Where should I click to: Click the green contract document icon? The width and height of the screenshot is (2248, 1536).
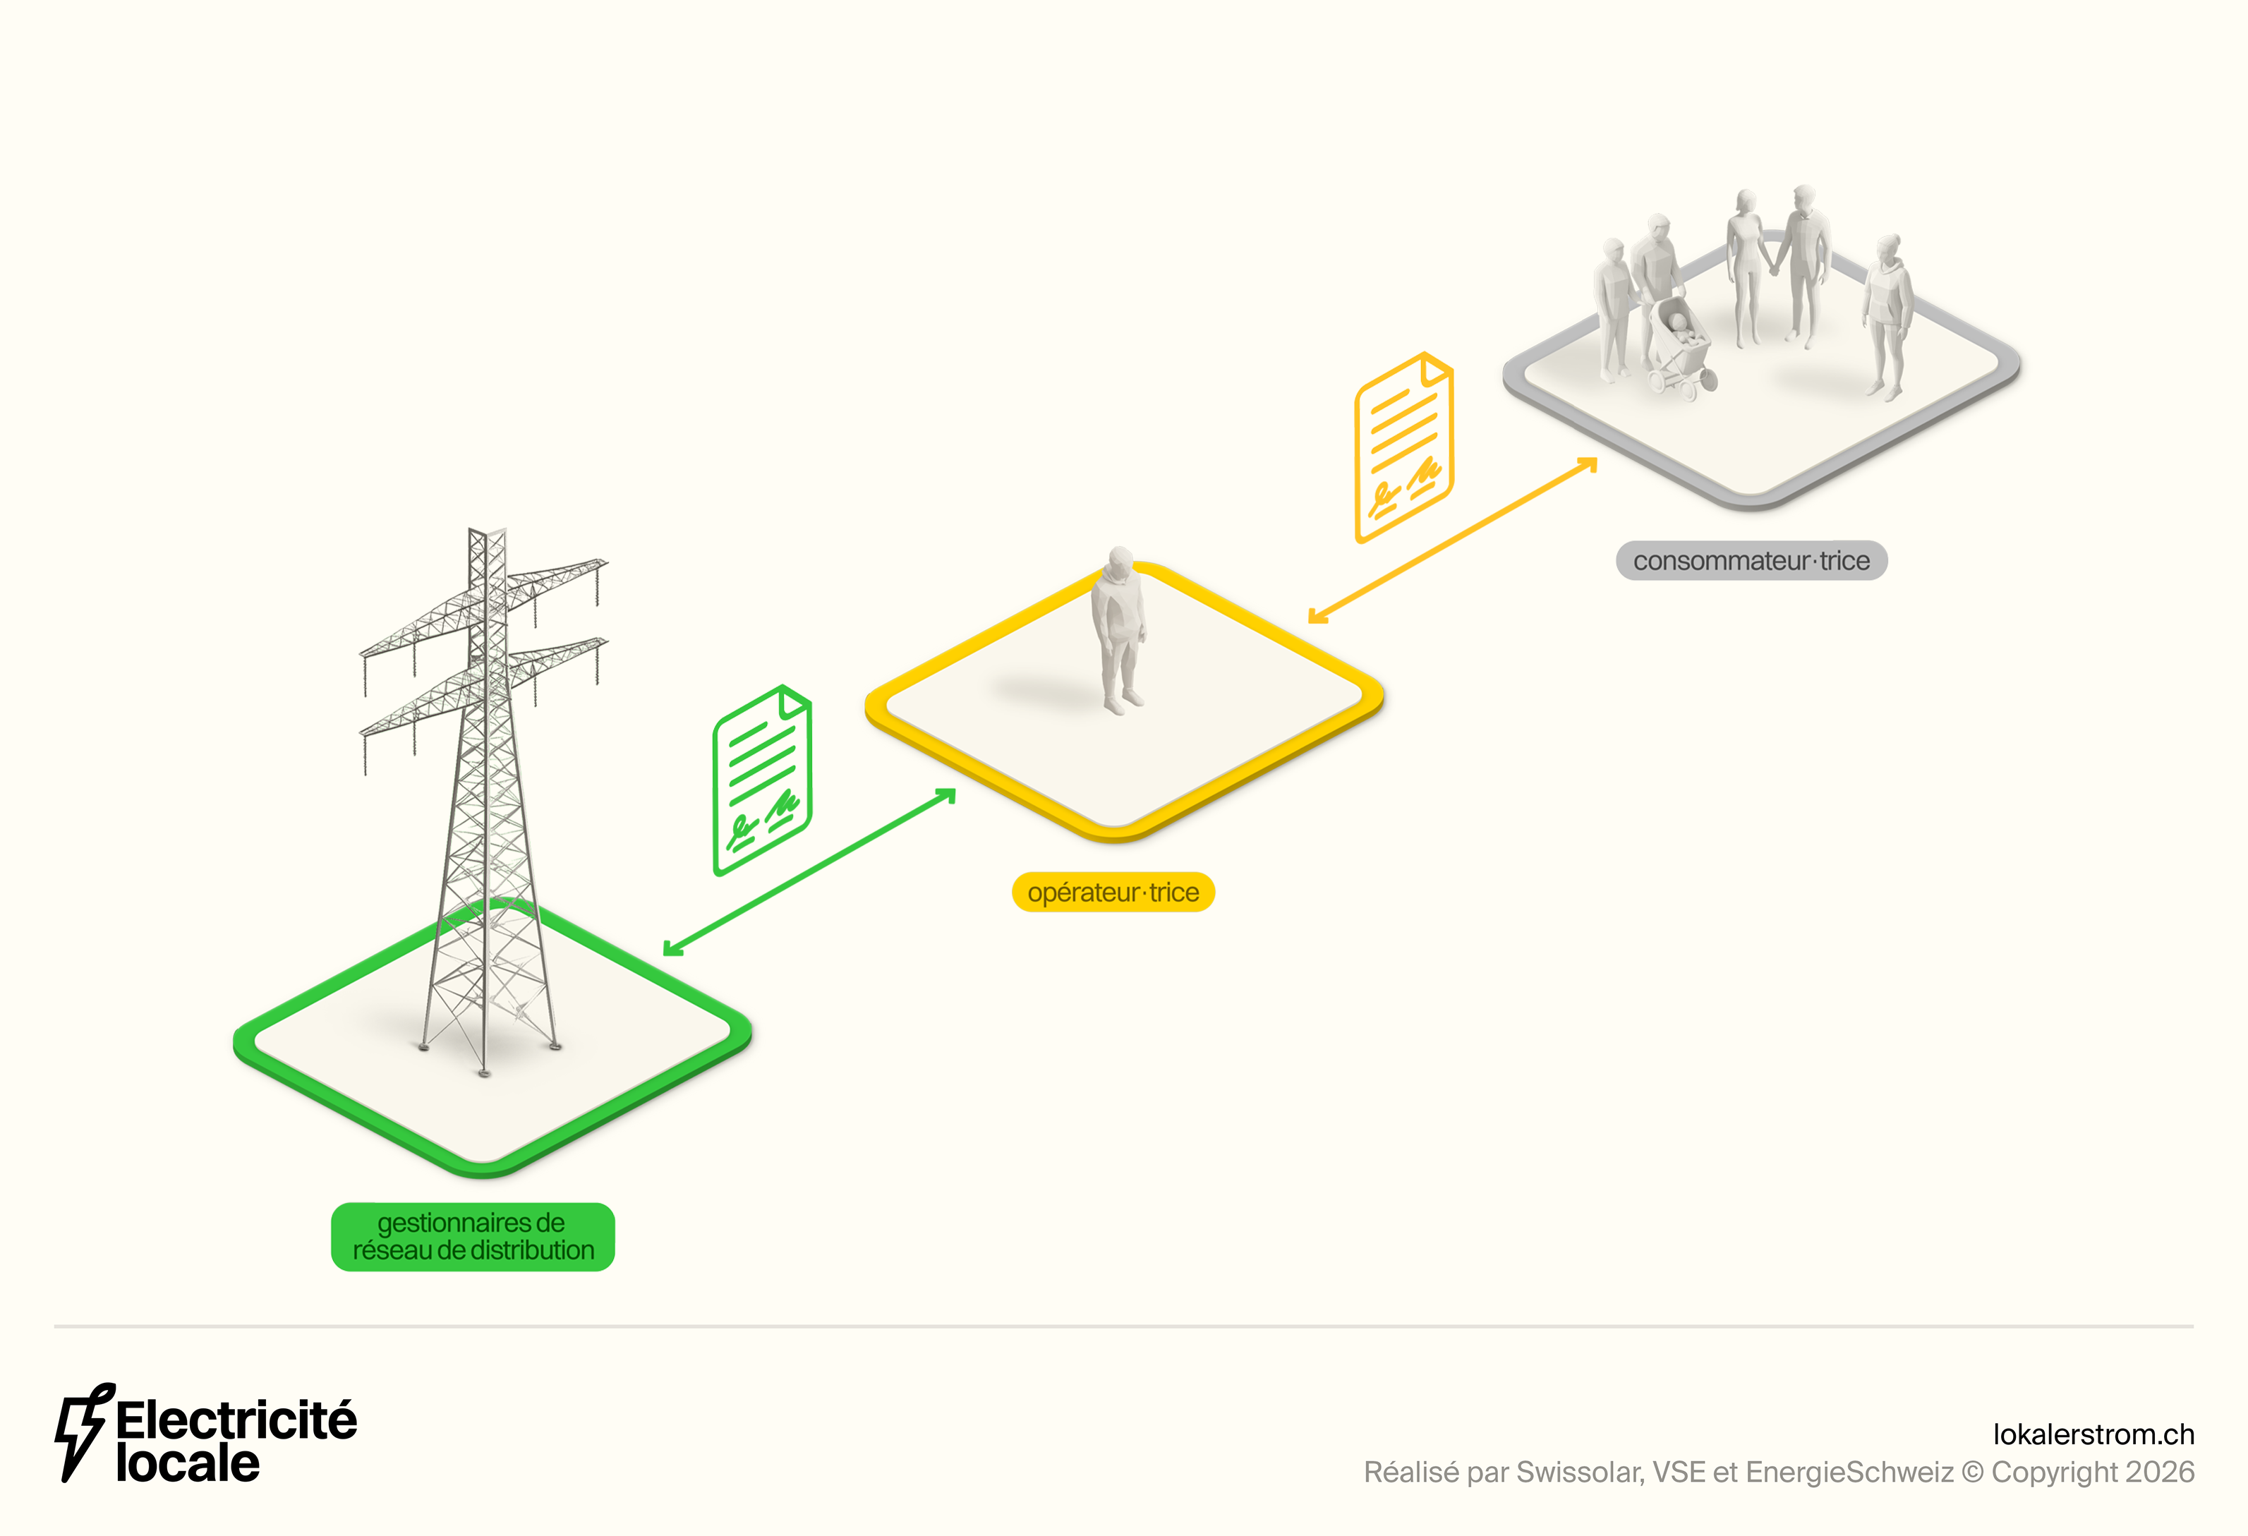click(762, 780)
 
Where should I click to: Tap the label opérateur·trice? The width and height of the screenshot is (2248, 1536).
click(1113, 892)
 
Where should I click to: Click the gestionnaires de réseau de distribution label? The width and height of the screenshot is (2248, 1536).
click(472, 1236)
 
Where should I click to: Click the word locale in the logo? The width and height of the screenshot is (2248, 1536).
click(188, 1465)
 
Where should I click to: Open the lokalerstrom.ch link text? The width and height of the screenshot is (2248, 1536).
click(2093, 1434)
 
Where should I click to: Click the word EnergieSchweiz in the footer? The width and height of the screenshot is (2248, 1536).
click(1849, 1472)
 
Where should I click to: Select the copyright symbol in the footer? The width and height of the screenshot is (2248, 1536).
click(1971, 1472)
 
